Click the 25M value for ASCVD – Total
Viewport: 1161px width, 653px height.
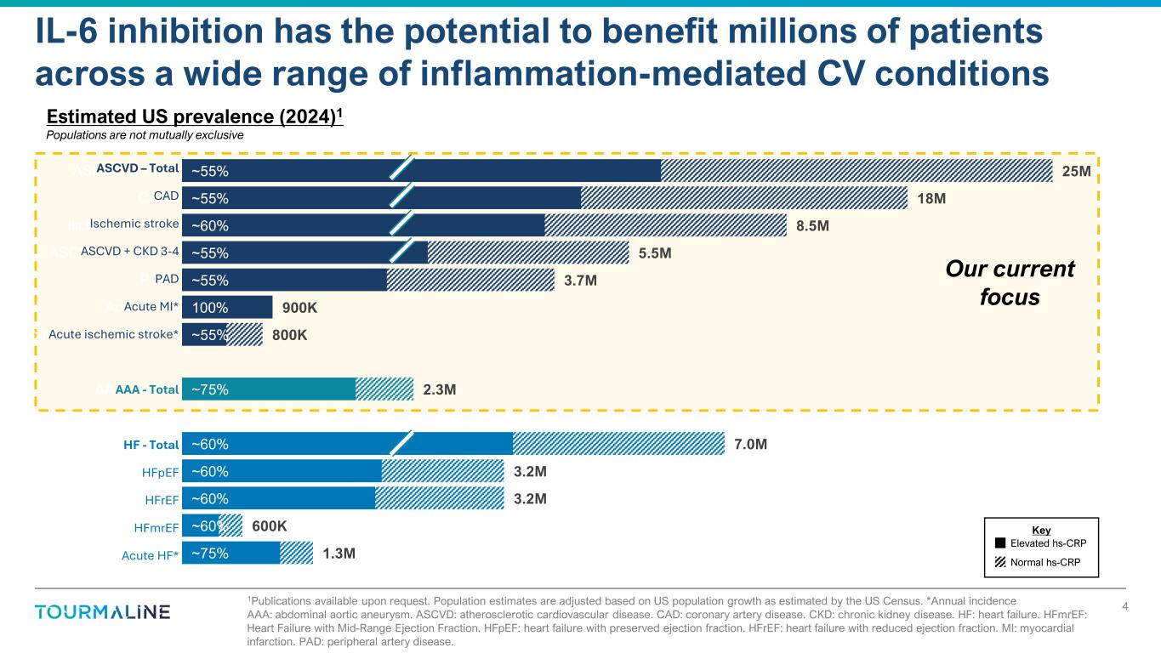[x=1077, y=172]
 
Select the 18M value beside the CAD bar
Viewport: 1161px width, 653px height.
[x=931, y=199]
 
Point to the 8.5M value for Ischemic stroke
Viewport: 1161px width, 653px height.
[x=812, y=226]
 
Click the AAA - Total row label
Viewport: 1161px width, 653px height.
[x=146, y=390]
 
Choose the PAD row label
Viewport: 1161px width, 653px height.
[x=166, y=280]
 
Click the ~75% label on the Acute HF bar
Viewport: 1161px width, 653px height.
[x=209, y=554]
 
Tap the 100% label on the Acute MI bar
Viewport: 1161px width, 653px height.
[x=209, y=308]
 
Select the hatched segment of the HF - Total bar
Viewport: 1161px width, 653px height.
[x=618, y=444]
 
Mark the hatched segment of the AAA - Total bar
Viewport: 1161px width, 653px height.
[x=384, y=389]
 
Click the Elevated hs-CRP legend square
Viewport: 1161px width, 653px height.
[x=1001, y=542]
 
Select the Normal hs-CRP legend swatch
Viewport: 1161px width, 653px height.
[x=1001, y=561]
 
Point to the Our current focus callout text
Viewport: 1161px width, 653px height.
[x=1010, y=284]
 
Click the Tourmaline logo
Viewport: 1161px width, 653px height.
[x=103, y=612]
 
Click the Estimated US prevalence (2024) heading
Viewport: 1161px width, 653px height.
[x=195, y=116]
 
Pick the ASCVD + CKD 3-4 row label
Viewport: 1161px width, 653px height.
[x=129, y=252]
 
